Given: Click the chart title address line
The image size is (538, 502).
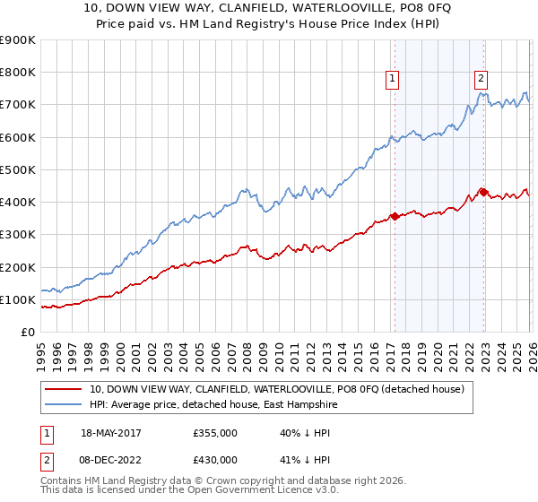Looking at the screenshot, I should (x=269, y=8).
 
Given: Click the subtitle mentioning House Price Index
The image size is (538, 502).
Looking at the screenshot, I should (x=269, y=24).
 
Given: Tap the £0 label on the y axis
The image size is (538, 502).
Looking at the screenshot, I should (x=27, y=333).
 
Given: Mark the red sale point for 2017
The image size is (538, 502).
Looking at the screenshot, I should (x=394, y=216).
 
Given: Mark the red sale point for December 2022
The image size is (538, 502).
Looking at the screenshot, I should (x=482, y=191).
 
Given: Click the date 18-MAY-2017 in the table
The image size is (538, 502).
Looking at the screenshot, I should (x=119, y=432).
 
